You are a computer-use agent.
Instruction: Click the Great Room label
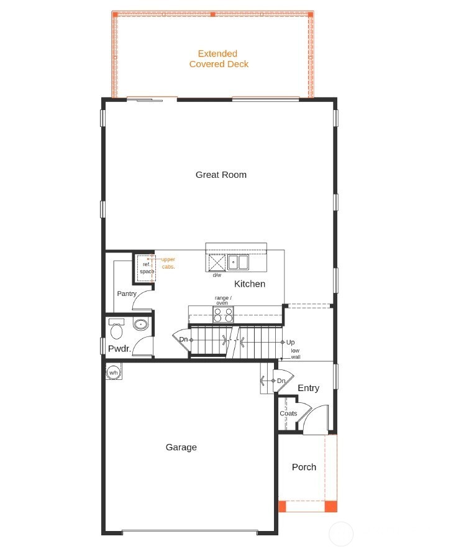pyautogui.click(x=221, y=175)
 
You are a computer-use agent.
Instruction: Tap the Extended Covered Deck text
pyautogui.click(x=219, y=59)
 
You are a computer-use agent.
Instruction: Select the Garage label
pyautogui.click(x=181, y=447)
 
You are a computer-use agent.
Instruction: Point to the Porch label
pyautogui.click(x=304, y=467)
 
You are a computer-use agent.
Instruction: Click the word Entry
pyautogui.click(x=308, y=388)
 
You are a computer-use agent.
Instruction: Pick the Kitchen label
pyautogui.click(x=250, y=284)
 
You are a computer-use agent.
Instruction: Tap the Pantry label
pyautogui.click(x=127, y=293)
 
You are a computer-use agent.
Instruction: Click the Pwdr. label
pyautogui.click(x=119, y=349)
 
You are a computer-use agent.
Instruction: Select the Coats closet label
pyautogui.click(x=288, y=413)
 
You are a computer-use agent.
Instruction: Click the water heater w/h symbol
pyautogui.click(x=114, y=372)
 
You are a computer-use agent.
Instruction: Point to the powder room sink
pyautogui.click(x=142, y=324)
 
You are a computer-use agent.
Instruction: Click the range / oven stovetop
pyautogui.click(x=223, y=315)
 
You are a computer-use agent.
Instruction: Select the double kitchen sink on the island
pyautogui.click(x=237, y=262)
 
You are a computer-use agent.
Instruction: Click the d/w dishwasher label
pyautogui.click(x=217, y=275)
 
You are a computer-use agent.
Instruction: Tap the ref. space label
pyautogui.click(x=146, y=268)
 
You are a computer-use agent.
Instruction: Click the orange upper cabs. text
pyautogui.click(x=168, y=262)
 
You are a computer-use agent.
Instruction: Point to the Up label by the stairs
pyautogui.click(x=290, y=343)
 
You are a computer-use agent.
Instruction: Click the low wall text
pyautogui.click(x=295, y=354)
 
